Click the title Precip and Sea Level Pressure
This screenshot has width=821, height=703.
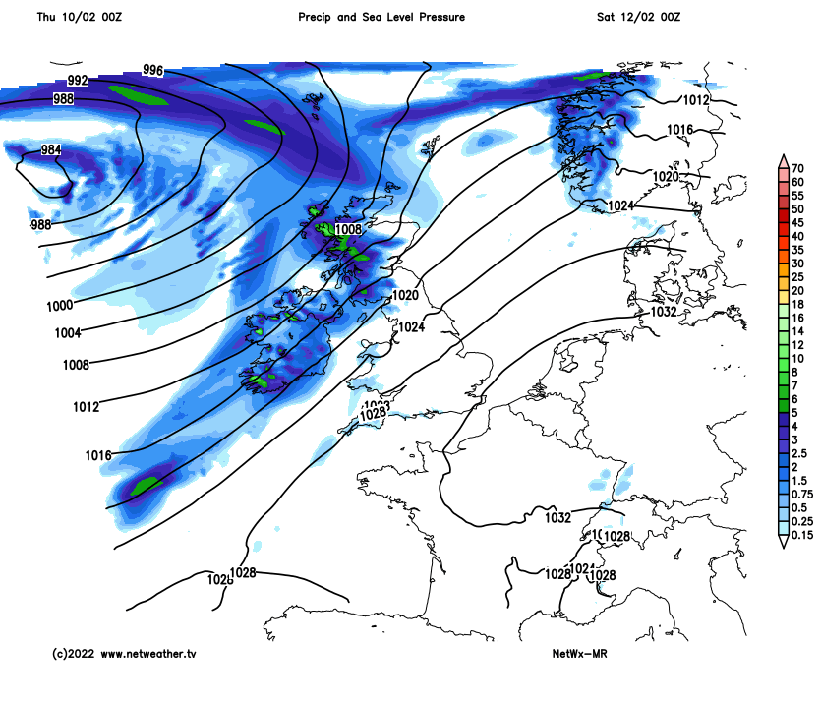(x=381, y=17)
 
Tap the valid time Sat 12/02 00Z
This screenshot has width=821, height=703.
(x=638, y=17)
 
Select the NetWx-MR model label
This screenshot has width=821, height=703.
(x=580, y=653)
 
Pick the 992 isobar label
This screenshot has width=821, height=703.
(x=78, y=81)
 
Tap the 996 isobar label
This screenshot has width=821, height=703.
(x=152, y=69)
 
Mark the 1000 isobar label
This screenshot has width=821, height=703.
(x=60, y=306)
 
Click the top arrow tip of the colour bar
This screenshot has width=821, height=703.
(x=784, y=157)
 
